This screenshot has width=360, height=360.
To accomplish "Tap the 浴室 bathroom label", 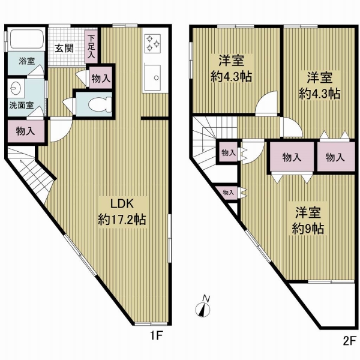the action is coord(26,61).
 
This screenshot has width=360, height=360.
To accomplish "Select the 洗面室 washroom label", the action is coord(22,105).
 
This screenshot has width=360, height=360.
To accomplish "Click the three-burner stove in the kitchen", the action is coord(152,43).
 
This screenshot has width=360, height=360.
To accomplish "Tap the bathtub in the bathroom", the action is coord(26,38).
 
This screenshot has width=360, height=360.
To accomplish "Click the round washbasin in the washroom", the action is coord(16,88).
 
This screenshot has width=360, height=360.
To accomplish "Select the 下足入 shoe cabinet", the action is coord(91,47).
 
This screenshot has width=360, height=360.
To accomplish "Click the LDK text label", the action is coord(122,203).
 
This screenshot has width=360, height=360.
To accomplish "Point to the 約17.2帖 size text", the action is coord(122,220).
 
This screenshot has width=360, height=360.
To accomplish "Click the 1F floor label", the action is coord(157,336).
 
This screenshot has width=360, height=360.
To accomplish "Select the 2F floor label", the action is coord(349,341).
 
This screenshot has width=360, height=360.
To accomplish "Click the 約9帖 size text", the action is coord(308,229).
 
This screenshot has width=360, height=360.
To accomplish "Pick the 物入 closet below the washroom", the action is coord(26,131).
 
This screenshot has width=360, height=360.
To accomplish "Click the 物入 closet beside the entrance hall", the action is coord(101,77).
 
